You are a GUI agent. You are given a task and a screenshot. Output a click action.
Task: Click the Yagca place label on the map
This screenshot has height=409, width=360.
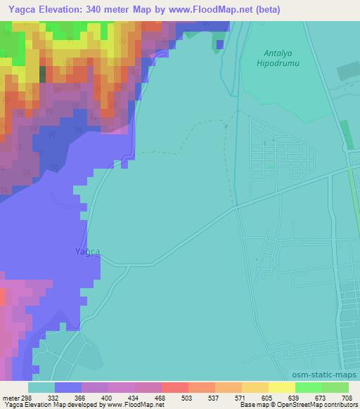[87, 252]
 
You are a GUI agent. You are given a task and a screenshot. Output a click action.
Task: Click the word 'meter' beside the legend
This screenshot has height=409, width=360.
[9, 397]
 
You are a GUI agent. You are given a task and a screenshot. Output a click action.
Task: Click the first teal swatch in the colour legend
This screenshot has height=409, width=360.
[41, 387]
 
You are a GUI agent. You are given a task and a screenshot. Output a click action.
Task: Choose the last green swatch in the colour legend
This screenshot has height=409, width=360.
[335, 387]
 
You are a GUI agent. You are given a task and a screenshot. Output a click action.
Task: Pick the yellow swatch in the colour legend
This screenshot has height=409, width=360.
[281, 387]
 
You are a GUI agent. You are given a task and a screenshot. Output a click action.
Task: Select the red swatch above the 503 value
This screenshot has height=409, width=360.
[174, 387]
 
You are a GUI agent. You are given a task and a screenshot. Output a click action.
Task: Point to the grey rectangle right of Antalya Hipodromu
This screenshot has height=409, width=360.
[347, 72]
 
